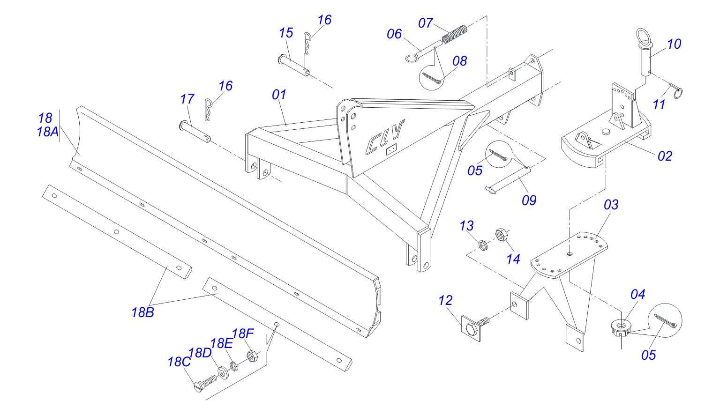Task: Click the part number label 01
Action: coord(279,95)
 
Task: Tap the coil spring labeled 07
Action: coord(455,34)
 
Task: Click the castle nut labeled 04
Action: coord(620,326)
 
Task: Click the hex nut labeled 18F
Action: coord(251,357)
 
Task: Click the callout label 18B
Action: coord(142,312)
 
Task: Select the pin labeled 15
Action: coord(293,65)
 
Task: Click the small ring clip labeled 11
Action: coord(677,91)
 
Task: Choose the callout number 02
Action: coord(665,156)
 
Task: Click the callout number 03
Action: coord(611,205)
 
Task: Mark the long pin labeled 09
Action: coord(506,178)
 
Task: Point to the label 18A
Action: coord(47,132)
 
